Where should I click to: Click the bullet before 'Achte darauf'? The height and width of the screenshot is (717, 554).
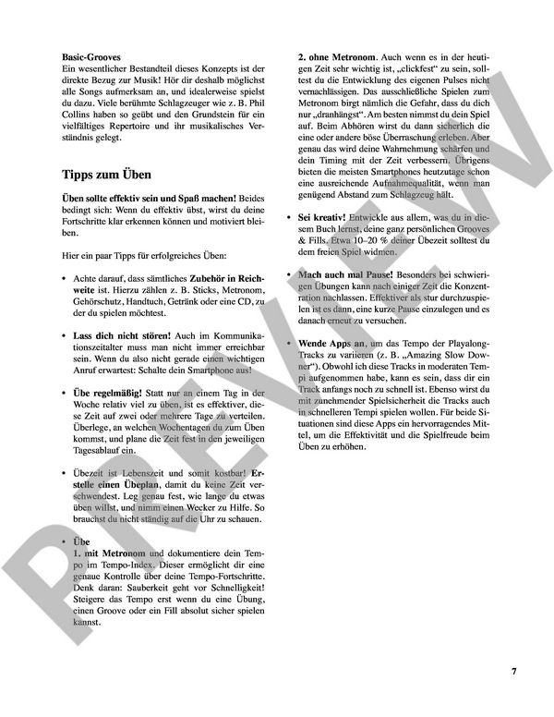(x=64, y=277)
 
